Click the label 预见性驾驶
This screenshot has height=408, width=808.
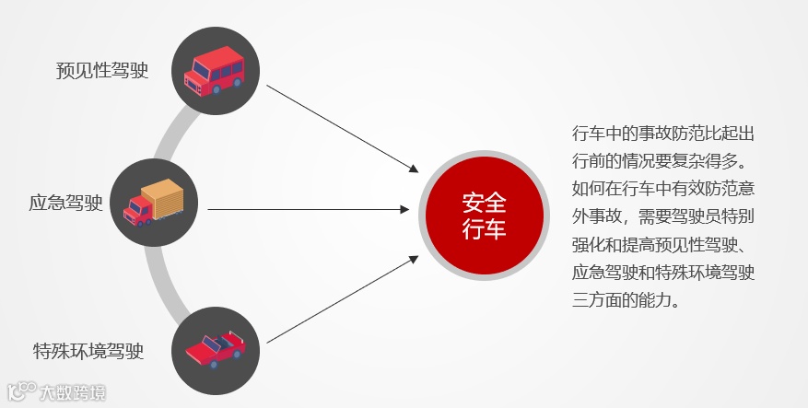pyautogui.click(x=102, y=70)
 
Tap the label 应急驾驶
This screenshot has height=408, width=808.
pyautogui.click(x=65, y=203)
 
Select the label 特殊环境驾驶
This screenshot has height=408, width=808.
pyautogui.click(x=88, y=351)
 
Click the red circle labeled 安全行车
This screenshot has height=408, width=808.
pyautogui.click(x=484, y=216)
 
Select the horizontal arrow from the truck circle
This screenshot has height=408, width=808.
pyautogui.click(x=309, y=209)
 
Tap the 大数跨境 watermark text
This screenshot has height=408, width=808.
pyautogui.click(x=73, y=393)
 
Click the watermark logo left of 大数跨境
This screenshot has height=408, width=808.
pyautogui.click(x=20, y=392)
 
